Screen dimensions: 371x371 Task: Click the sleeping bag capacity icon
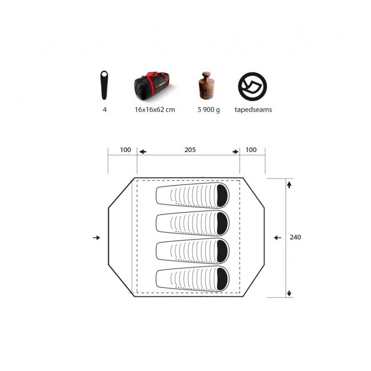(x=104, y=85)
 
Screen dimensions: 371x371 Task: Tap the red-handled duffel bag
(x=152, y=85)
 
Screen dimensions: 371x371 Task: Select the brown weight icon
(x=206, y=85)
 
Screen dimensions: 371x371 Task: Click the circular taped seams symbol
(x=252, y=87)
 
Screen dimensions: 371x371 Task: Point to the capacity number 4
(x=105, y=109)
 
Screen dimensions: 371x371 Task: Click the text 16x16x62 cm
(x=155, y=109)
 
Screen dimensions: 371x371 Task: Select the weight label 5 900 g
(x=209, y=110)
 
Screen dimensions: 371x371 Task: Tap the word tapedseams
(x=253, y=110)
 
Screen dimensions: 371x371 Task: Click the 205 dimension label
(x=190, y=150)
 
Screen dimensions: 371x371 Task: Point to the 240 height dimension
(x=295, y=237)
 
